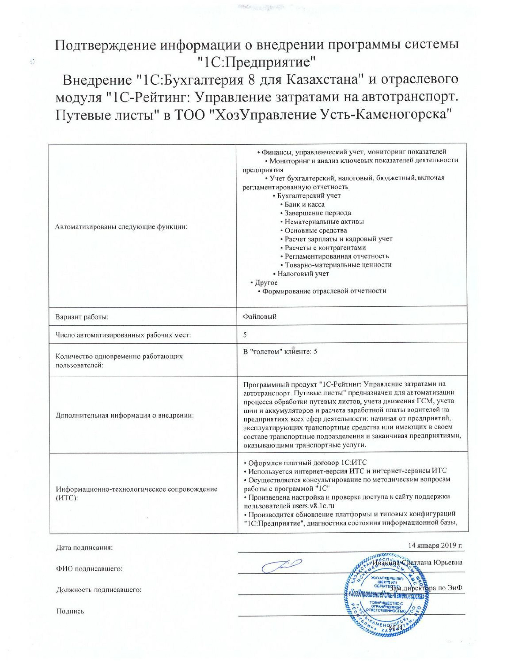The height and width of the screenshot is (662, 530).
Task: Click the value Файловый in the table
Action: tap(260, 316)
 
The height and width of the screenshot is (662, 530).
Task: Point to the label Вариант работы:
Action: tap(82, 317)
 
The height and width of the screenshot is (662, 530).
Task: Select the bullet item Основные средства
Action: tap(316, 230)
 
